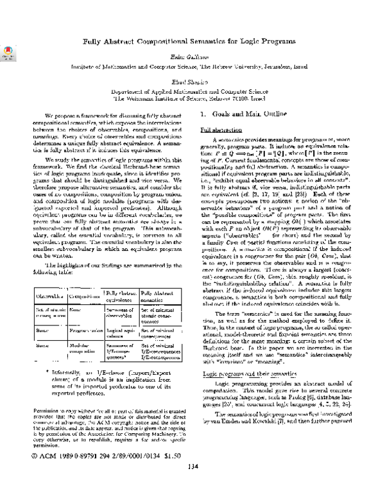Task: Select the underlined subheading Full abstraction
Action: click(210, 130)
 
